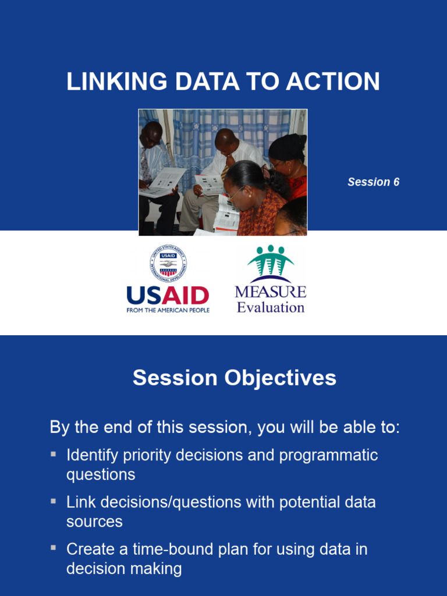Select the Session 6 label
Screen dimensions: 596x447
coord(373,182)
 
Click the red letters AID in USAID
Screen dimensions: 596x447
coord(185,296)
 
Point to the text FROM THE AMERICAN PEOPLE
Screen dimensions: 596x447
coord(168,310)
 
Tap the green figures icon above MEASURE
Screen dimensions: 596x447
coord(270,262)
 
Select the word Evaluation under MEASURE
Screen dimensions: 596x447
coord(270,307)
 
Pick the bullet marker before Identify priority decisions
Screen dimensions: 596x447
coord(54,453)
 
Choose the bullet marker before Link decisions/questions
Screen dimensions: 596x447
coord(54,501)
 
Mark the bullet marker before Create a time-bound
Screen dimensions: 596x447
coord(54,548)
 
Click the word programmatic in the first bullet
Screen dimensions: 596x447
coord(328,455)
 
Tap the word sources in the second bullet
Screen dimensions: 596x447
coord(94,521)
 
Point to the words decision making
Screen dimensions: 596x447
coord(124,569)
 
